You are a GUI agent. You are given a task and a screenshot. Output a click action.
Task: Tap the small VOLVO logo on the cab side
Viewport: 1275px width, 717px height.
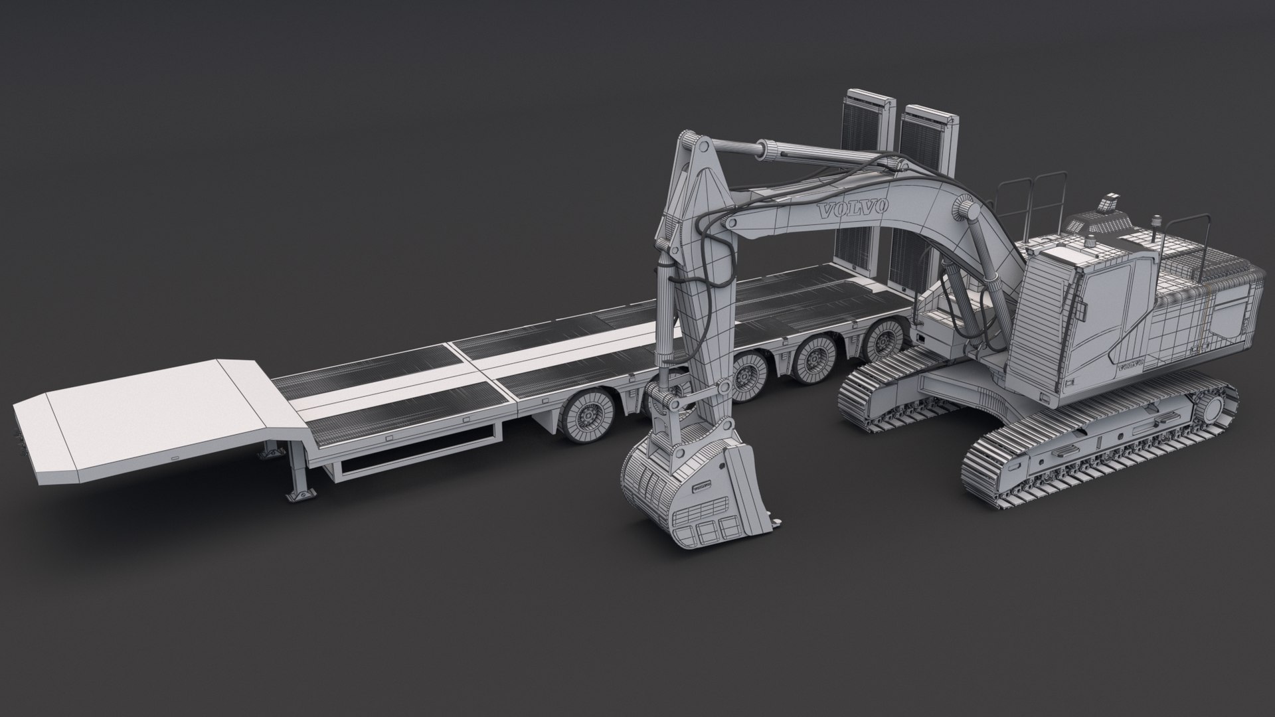[x=1130, y=366]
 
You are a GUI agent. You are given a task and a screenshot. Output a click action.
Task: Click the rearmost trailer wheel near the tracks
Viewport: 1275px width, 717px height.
[x=883, y=343]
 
